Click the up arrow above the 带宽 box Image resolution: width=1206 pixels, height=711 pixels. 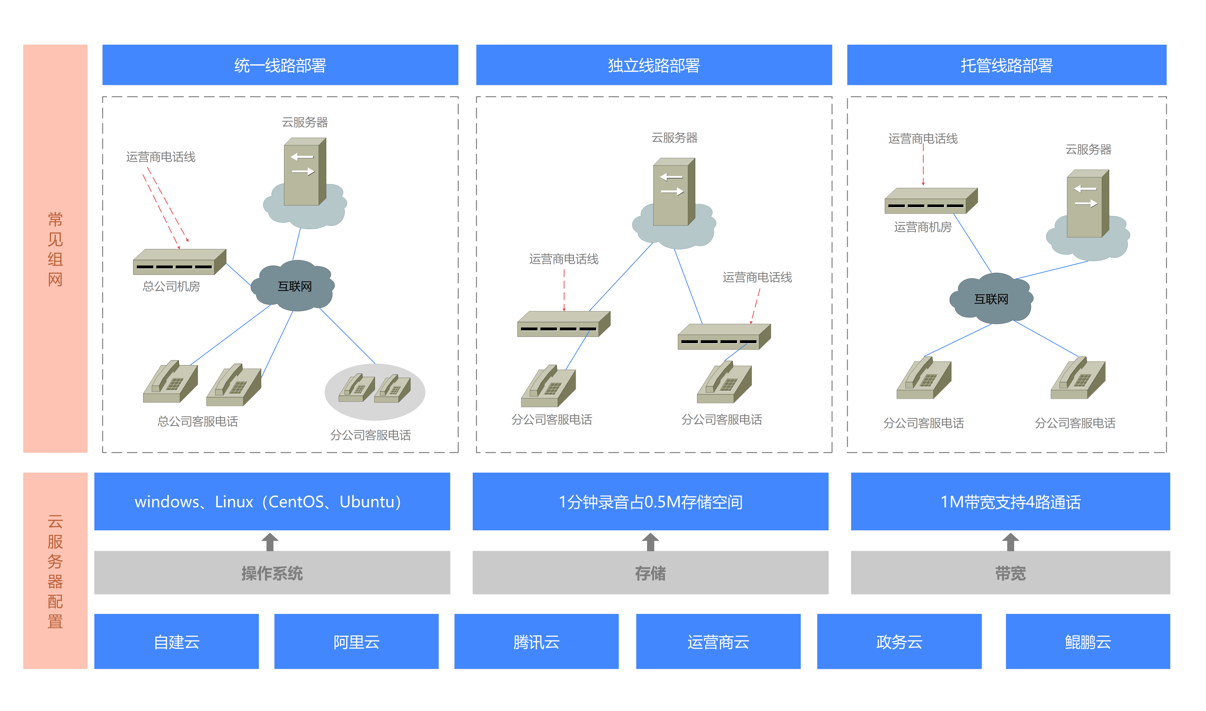1010,542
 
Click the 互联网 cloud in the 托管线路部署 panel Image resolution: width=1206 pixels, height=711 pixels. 991,299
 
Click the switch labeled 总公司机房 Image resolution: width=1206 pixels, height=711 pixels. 179,262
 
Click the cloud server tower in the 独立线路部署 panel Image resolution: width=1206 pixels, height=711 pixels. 674,192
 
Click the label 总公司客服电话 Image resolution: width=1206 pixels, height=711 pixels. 198,421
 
